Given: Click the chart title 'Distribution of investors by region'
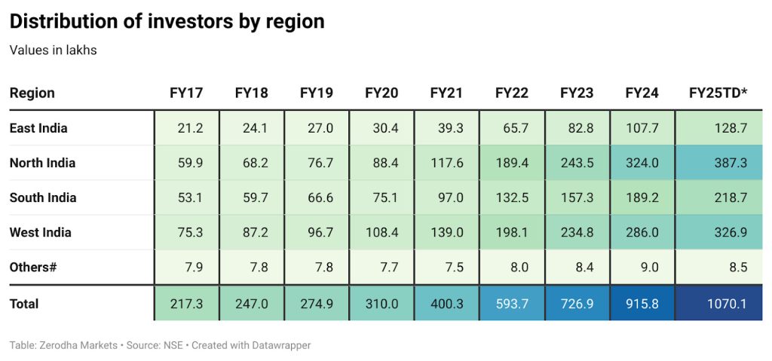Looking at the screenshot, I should [x=167, y=22].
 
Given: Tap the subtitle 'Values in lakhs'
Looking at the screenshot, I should [x=53, y=50].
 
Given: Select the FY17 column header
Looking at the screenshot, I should [x=186, y=93].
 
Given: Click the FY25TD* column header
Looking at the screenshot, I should [x=718, y=93].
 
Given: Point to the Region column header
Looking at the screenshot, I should [x=32, y=93].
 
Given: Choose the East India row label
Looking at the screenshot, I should [x=38, y=128].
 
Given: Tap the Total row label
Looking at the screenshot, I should [x=24, y=304].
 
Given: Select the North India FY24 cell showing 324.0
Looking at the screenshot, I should [x=642, y=163].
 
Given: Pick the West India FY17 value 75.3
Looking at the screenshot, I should [x=189, y=233].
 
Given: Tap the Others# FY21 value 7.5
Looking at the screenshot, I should [x=453, y=268].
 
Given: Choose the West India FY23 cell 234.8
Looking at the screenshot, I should [x=577, y=233].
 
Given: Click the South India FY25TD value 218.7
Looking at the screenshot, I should [x=730, y=198].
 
